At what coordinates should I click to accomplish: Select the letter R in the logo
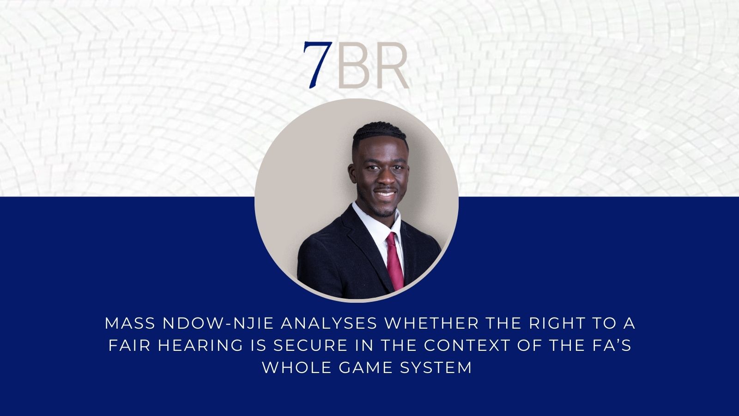390,65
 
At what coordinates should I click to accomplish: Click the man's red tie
394,261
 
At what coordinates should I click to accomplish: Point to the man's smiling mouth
385,194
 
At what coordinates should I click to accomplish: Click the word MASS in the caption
130,324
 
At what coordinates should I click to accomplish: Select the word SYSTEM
436,368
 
